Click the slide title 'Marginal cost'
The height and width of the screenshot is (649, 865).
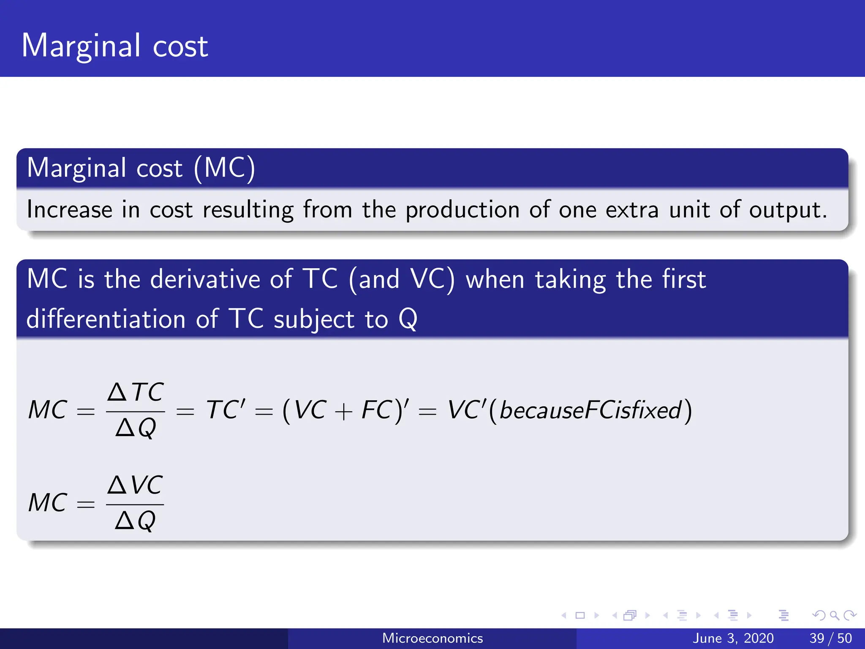pos(114,46)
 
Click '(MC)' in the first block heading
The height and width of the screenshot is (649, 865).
pos(224,168)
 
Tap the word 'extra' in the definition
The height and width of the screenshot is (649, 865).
pos(632,210)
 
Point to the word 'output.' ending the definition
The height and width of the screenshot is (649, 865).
pos(788,210)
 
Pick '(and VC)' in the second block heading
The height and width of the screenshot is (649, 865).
pos(402,279)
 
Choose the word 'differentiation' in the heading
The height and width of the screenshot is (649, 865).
pos(106,319)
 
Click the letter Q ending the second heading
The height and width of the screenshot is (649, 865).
pos(408,319)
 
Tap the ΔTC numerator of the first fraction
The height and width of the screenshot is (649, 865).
pos(135,392)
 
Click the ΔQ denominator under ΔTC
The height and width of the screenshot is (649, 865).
pos(136,428)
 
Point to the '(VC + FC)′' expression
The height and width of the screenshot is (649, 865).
pos(345,410)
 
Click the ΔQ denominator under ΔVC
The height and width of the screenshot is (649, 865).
pos(135,520)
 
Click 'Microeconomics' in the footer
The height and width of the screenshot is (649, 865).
pos(432,638)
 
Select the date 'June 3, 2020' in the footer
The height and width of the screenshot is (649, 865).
pos(733,638)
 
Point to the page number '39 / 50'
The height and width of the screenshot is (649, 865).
pos(830,638)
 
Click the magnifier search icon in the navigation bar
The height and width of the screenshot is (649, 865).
pos(834,615)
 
